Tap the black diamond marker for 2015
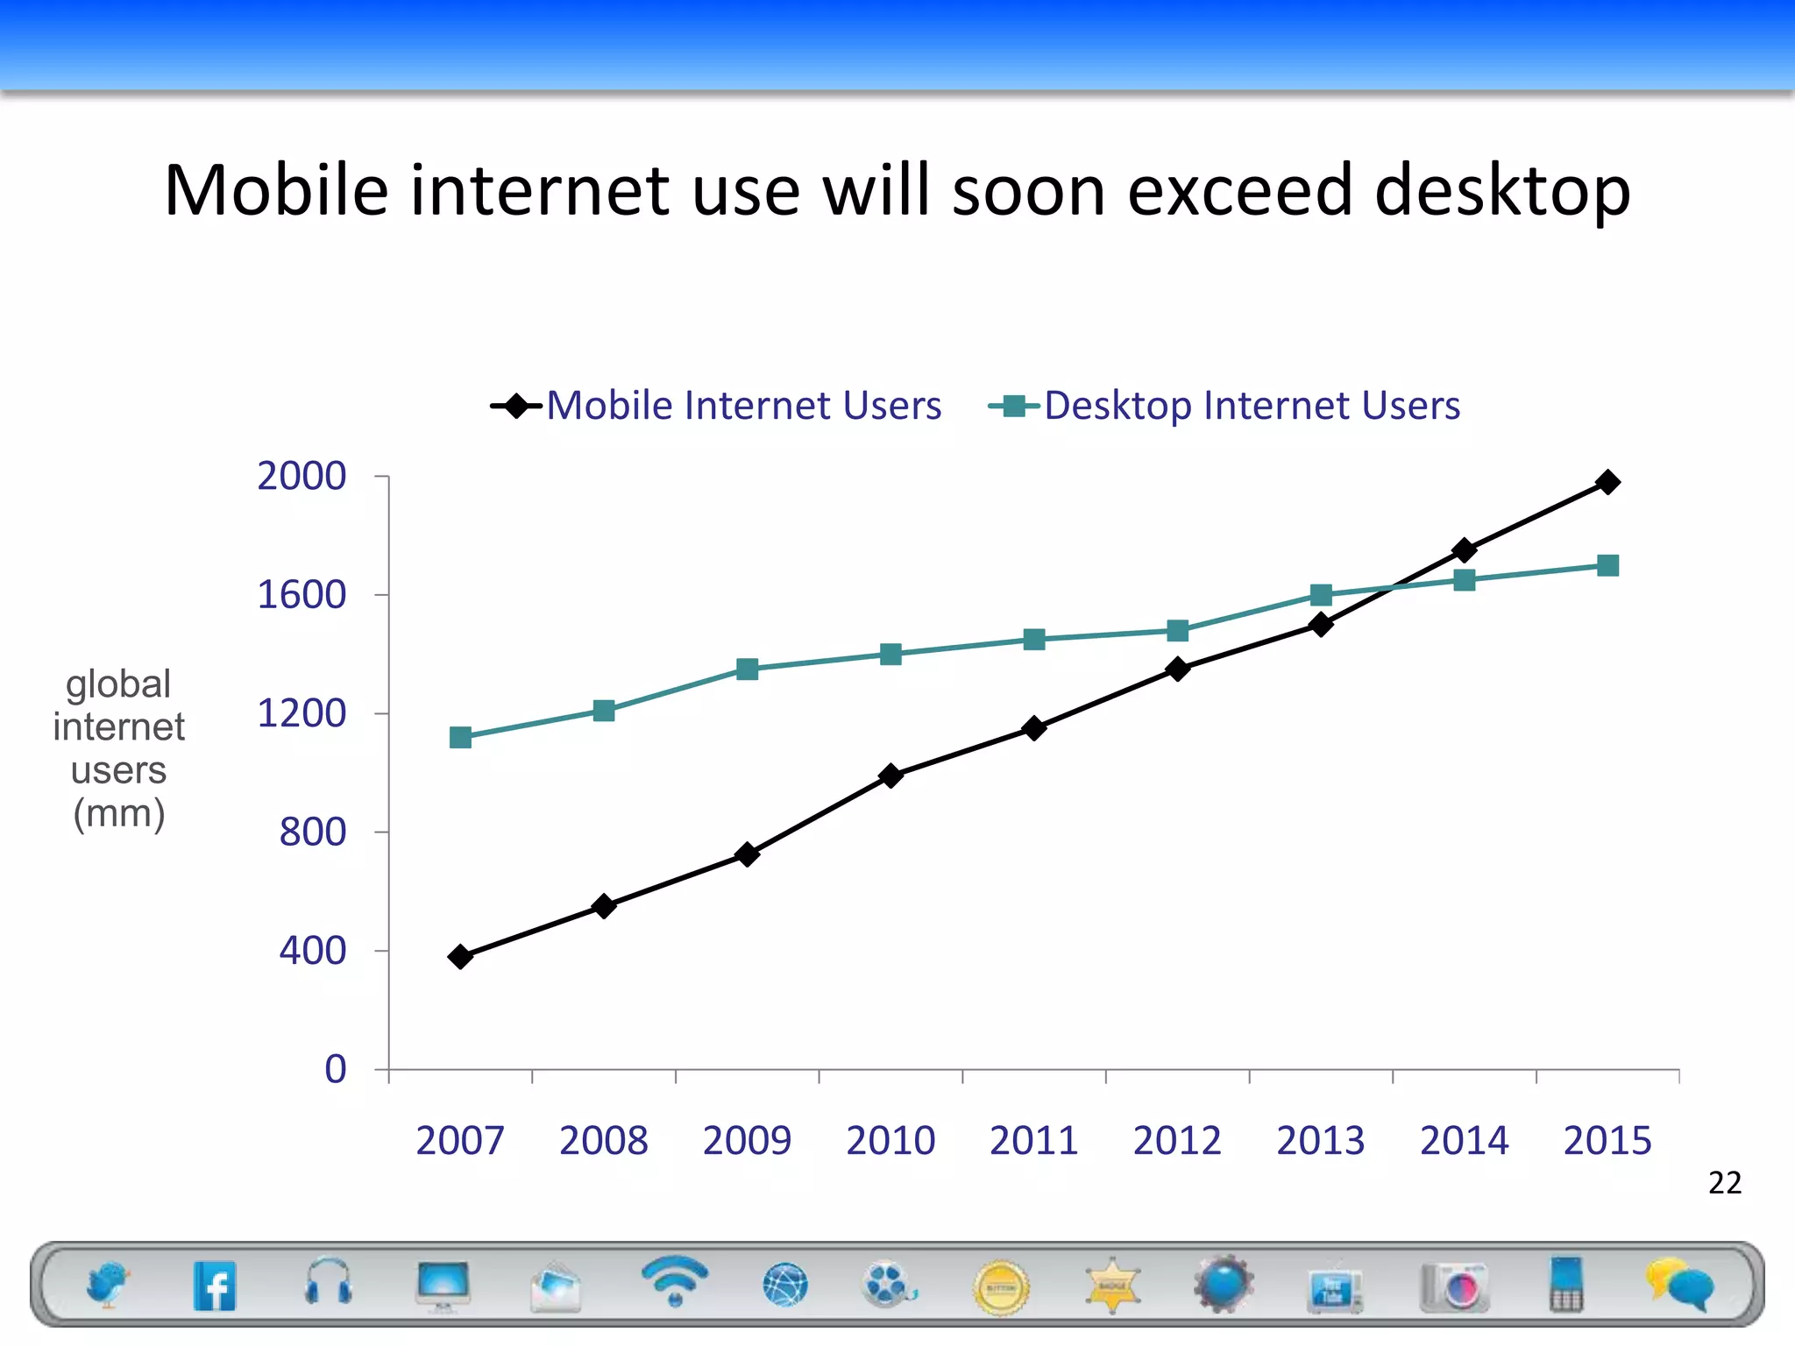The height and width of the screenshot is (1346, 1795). pyautogui.click(x=1607, y=482)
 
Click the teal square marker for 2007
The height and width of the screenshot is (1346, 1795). pyautogui.click(x=460, y=738)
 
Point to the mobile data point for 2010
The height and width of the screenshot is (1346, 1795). pyautogui.click(x=890, y=776)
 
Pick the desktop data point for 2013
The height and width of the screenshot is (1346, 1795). pyautogui.click(x=1321, y=595)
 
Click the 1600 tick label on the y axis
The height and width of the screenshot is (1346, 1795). pyautogui.click(x=301, y=595)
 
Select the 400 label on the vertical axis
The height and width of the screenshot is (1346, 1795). pyautogui.click(x=312, y=951)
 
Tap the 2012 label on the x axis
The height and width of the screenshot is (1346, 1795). pyautogui.click(x=1177, y=1140)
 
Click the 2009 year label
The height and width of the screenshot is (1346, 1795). pyautogui.click(x=747, y=1140)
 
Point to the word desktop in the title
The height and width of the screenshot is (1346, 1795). pyautogui.click(x=1501, y=190)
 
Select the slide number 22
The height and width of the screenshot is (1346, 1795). pyautogui.click(x=1724, y=1183)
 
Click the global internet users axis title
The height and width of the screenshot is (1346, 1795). pyautogui.click(x=118, y=748)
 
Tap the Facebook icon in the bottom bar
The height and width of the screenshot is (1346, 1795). pyautogui.click(x=215, y=1286)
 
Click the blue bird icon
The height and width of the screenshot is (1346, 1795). pyautogui.click(x=107, y=1285)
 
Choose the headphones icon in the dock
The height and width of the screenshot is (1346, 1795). pyautogui.click(x=329, y=1282)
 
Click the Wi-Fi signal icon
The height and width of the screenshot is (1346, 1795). pyautogui.click(x=674, y=1280)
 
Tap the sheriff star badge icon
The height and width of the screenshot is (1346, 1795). pyautogui.click(x=1112, y=1286)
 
